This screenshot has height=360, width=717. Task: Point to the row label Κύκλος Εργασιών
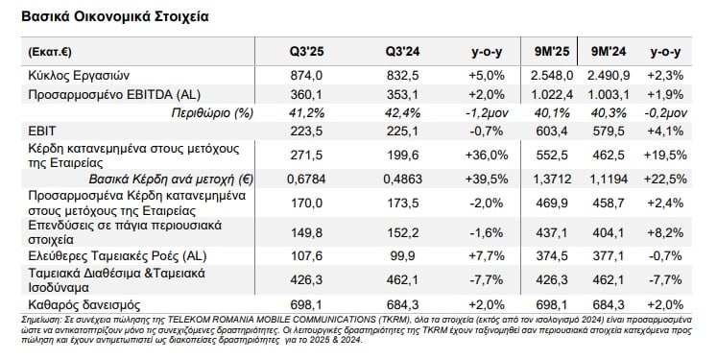pyautogui.click(x=78, y=75)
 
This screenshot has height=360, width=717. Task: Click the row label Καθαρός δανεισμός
pyautogui.click(x=80, y=302)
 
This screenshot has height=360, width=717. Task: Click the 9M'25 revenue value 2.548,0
pyautogui.click(x=555, y=75)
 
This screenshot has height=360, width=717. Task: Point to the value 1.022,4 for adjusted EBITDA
pyautogui.click(x=555, y=93)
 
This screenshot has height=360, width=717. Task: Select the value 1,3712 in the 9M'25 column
pyautogui.click(x=557, y=179)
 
